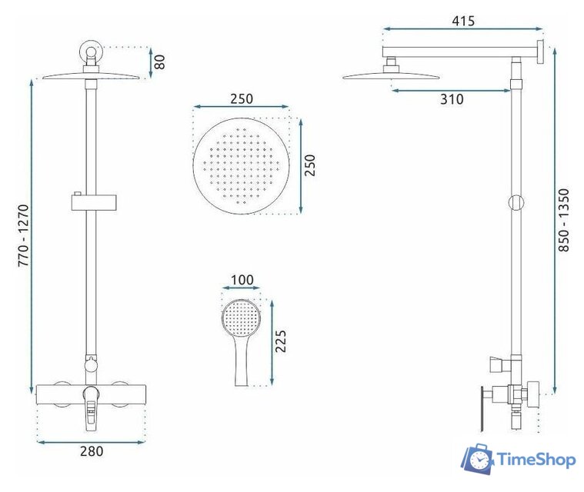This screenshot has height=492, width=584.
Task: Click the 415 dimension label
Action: click(463, 21)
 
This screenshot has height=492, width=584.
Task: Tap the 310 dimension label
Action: click(452, 99)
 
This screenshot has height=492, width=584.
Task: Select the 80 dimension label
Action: click(159, 62)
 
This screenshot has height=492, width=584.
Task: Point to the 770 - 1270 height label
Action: click(23, 235)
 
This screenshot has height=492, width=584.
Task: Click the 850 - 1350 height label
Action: click(564, 221)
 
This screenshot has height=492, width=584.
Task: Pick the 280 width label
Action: click(92, 451)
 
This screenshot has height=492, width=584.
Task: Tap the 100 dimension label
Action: click(242, 280)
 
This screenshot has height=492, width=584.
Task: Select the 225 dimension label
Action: click(280, 341)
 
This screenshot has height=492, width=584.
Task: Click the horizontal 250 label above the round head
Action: click(242, 99)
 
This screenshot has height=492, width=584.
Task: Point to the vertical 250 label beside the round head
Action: click(309, 165)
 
